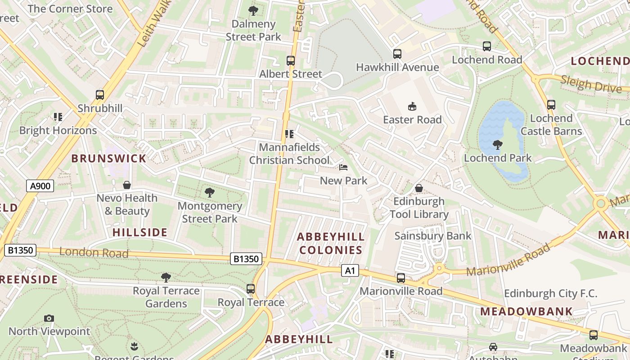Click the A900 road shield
[40, 186]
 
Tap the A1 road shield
[350, 270]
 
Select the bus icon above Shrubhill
[100, 95]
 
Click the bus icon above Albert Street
[291, 61]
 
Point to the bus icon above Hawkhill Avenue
[397, 54]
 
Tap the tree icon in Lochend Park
[498, 145]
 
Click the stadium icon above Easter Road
[412, 107]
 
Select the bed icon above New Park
[343, 168]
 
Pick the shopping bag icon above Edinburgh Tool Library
[419, 188]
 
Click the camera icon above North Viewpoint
[49, 319]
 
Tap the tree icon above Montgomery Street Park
[209, 193]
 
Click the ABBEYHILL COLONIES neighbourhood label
[331, 243]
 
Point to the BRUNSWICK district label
[109, 158]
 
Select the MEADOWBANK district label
[526, 311]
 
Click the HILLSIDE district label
[139, 233]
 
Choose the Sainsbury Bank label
[433, 236]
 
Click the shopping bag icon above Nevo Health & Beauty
[127, 185]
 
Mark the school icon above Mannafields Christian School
[289, 134]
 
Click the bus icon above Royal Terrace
[251, 289]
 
